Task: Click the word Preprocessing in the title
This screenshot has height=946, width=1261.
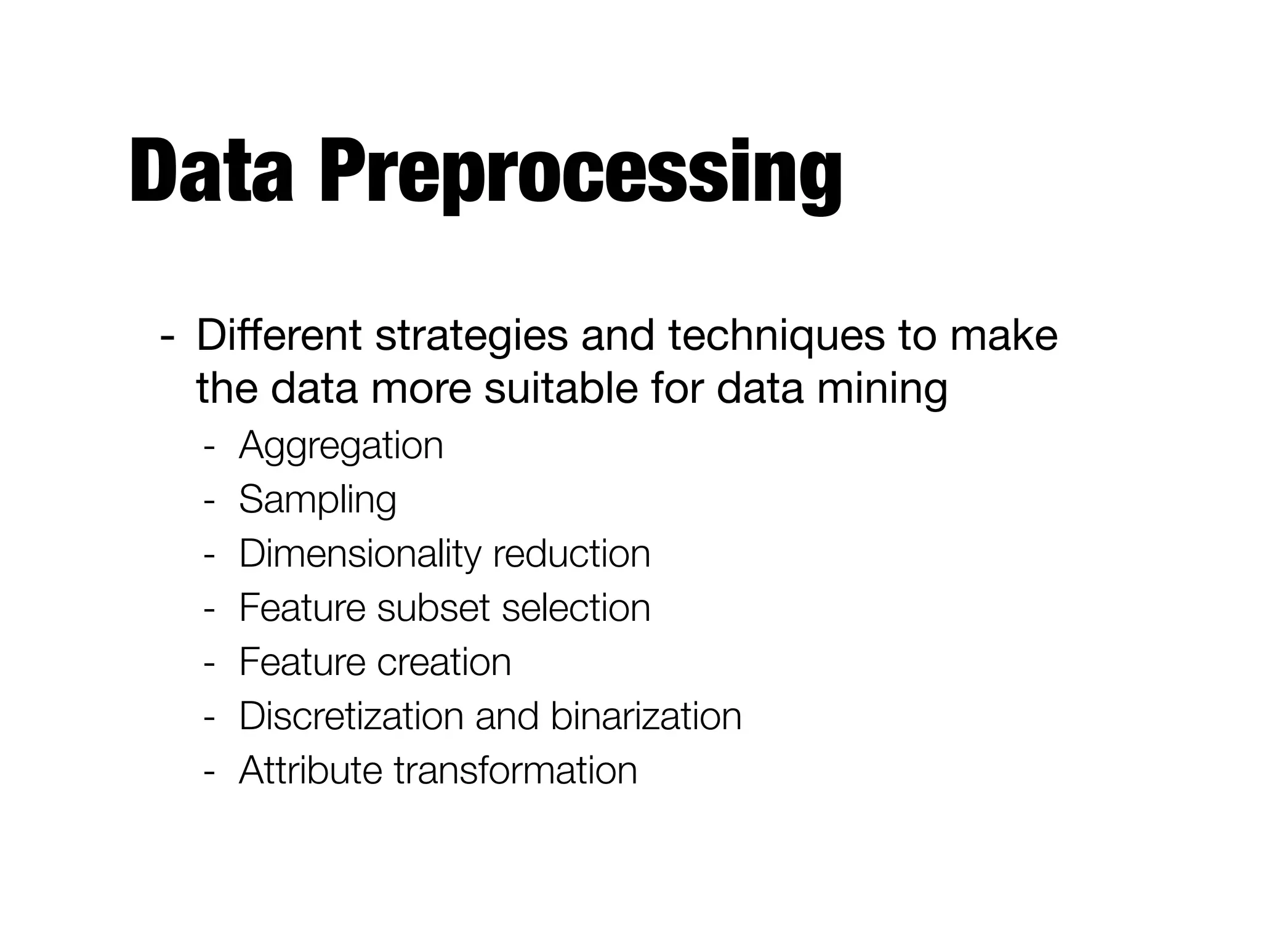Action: coord(580,175)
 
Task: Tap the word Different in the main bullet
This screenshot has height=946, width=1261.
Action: coord(279,336)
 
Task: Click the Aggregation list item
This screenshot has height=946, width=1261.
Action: coord(340,447)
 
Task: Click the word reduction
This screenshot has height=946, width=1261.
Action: coord(571,554)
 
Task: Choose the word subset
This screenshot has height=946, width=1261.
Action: coord(432,608)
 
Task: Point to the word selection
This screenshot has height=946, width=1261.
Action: coord(576,608)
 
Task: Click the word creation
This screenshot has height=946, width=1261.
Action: coord(443,662)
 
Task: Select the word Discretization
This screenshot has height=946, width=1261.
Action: coord(351,716)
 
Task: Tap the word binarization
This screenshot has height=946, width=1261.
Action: coord(646,716)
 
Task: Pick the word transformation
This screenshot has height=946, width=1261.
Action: coord(515,770)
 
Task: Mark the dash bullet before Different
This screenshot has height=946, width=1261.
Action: coord(166,338)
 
